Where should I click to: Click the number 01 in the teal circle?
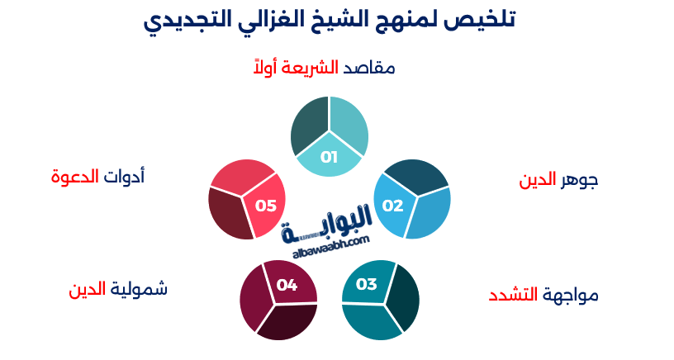329,157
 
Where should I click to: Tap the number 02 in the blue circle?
392,205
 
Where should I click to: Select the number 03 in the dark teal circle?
366,285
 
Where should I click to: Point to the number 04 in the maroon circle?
287,285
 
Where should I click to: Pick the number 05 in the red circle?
265,205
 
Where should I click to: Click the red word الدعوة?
74,176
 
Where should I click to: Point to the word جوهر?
577,181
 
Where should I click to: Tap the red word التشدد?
512,294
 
